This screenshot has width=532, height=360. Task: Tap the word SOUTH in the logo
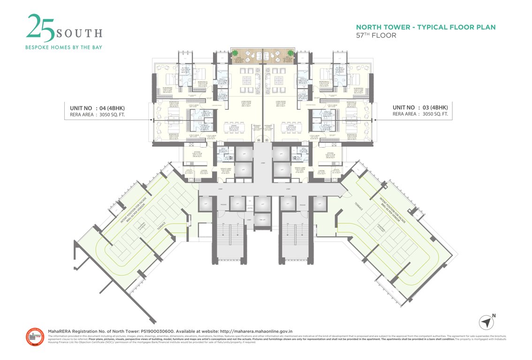point(79,33)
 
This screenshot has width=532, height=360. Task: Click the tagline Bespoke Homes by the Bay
point(64,47)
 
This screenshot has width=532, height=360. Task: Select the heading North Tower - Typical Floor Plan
point(426,27)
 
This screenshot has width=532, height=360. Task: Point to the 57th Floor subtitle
point(376,35)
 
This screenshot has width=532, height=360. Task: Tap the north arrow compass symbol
point(487,322)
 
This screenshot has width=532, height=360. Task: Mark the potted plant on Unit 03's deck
point(290,52)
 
